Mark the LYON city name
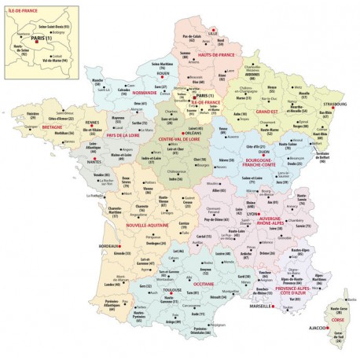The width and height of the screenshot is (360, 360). click(x=253, y=212)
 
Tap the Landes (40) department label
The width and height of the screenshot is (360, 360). click(x=103, y=285)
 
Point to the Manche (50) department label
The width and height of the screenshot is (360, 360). click(x=98, y=80)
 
